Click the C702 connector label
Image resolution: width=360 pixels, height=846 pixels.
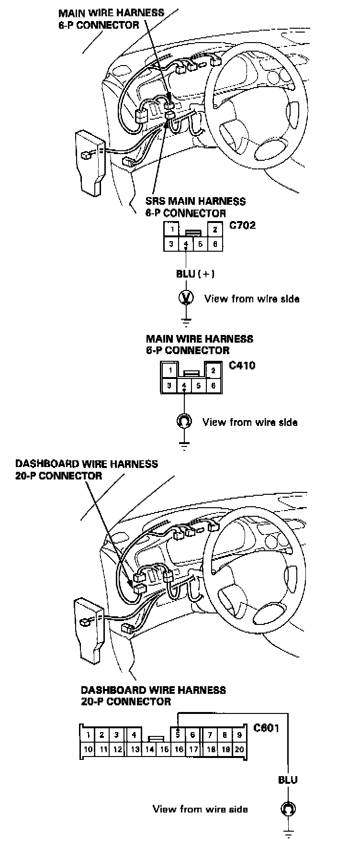[243, 225]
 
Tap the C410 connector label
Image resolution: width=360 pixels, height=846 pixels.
[242, 366]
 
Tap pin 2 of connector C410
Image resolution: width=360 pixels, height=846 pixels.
[214, 370]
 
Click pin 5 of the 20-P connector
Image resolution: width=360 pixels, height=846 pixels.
[178, 735]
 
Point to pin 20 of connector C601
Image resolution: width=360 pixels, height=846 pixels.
[239, 749]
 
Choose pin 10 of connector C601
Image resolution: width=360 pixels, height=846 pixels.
[88, 749]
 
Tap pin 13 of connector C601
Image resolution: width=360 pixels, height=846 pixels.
[135, 749]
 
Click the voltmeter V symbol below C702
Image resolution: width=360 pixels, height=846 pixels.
[186, 298]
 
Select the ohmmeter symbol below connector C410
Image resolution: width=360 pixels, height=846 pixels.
[184, 421]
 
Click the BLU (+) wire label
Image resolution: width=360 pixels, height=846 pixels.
[195, 274]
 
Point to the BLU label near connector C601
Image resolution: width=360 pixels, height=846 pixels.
[288, 779]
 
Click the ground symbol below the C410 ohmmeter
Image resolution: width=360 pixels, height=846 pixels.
[184, 446]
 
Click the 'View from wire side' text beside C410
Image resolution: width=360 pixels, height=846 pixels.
[250, 422]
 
